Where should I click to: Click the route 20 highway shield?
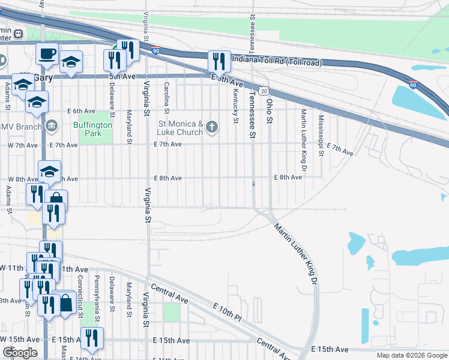264,90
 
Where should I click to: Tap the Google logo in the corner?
20,353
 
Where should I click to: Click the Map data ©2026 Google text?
411,355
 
